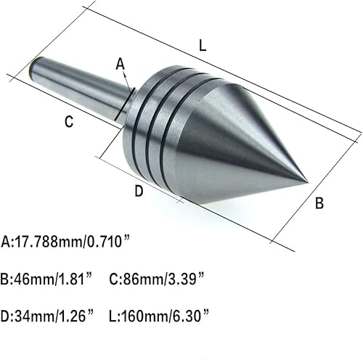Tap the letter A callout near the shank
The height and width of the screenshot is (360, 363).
(x=120, y=65)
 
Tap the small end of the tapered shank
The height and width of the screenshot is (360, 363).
(x=32, y=70)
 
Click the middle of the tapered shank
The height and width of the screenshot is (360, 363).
(x=80, y=91)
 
